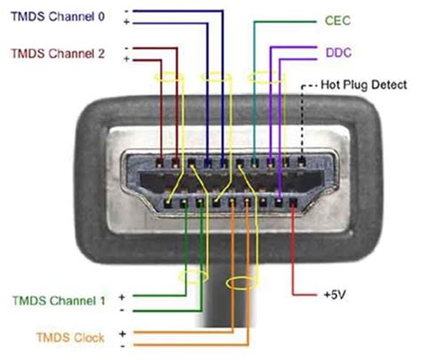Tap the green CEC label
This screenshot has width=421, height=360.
pyautogui.click(x=336, y=20)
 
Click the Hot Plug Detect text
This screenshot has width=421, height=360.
pyautogui.click(x=364, y=84)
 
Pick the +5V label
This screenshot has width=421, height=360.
pyautogui.click(x=336, y=292)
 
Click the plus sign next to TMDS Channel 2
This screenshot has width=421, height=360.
pyautogui.click(x=128, y=58)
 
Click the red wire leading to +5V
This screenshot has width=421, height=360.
pyautogui.click(x=294, y=258)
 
